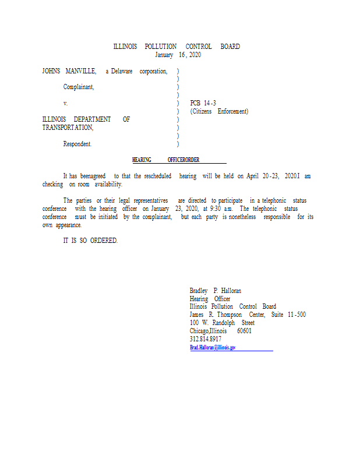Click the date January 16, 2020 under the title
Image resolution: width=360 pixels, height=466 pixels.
tap(178, 55)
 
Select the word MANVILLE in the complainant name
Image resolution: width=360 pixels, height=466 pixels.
tap(80, 71)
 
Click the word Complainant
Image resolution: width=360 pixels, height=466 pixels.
tap(79, 87)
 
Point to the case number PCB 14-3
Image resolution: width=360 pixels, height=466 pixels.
tap(203, 103)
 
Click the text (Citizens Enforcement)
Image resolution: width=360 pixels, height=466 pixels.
tap(219, 111)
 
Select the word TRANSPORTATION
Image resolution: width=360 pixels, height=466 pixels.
tap(68, 128)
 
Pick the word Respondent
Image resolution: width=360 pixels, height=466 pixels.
tap(77, 144)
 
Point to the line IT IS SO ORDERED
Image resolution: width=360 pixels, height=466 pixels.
tap(90, 241)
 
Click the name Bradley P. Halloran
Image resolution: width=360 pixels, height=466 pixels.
tap(216, 291)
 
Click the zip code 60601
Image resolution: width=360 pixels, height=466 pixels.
tap(244, 331)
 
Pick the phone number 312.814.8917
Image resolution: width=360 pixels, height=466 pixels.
tap(206, 339)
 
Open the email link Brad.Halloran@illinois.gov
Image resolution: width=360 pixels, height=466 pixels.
tap(213, 347)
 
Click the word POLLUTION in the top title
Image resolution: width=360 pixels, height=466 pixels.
tap(156, 47)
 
